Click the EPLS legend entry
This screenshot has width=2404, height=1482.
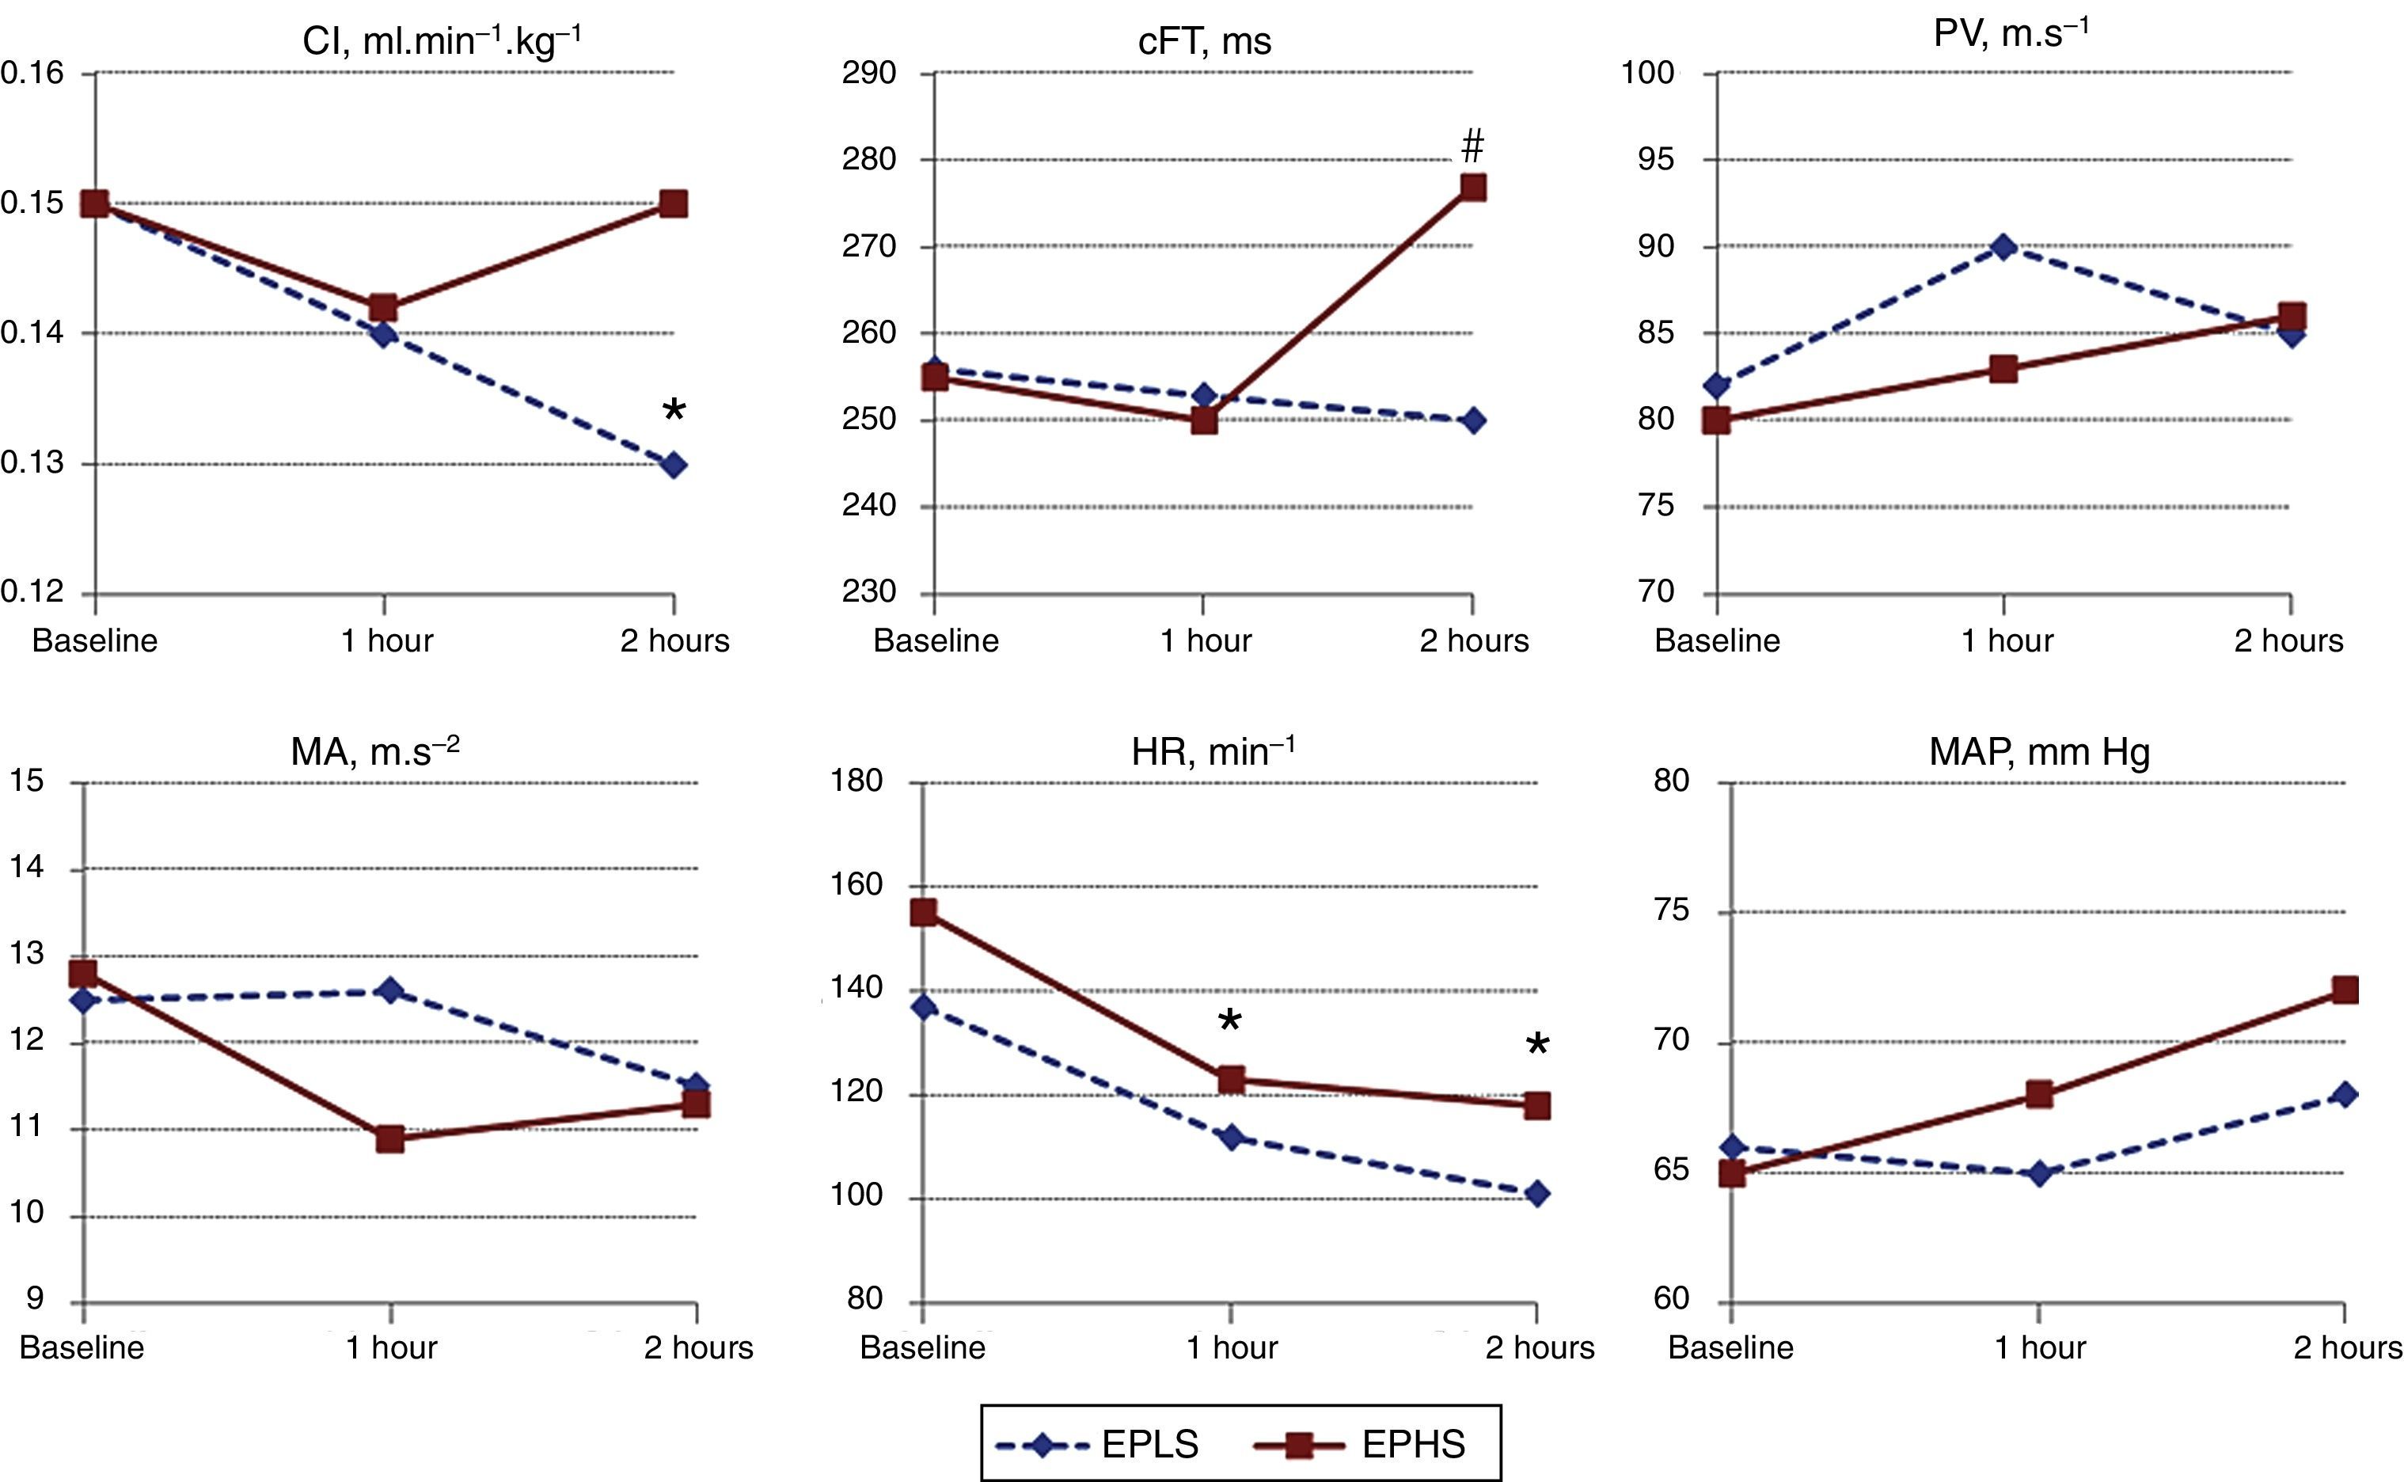tap(1098, 1445)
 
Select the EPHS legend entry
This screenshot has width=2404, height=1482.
tap(1362, 1445)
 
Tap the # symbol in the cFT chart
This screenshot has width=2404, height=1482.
tap(1472, 147)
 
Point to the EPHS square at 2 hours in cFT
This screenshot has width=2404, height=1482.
tap(1472, 187)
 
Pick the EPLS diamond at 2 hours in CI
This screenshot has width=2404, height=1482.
tap(674, 465)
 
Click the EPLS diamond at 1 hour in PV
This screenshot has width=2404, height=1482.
tap(2004, 246)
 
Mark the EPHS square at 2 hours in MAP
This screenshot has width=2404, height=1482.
tap(2344, 990)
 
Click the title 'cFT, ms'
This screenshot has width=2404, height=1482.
tap(1205, 42)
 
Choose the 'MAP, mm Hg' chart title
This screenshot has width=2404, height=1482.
tap(2039, 752)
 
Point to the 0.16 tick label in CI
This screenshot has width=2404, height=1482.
tap(32, 74)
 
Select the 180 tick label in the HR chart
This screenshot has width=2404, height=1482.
tap(856, 781)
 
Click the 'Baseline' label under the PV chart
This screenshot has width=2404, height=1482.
tap(1717, 641)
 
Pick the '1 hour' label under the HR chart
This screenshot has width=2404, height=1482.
tap(1232, 1347)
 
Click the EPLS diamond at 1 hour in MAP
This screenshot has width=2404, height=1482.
tap(2039, 1173)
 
